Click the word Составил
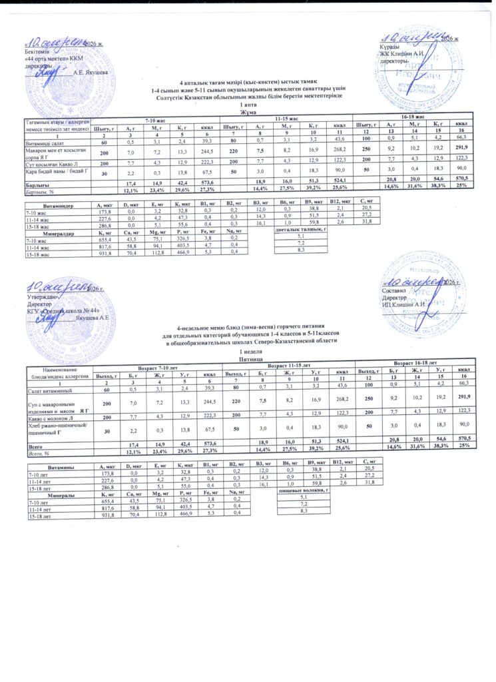(x=393, y=290)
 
